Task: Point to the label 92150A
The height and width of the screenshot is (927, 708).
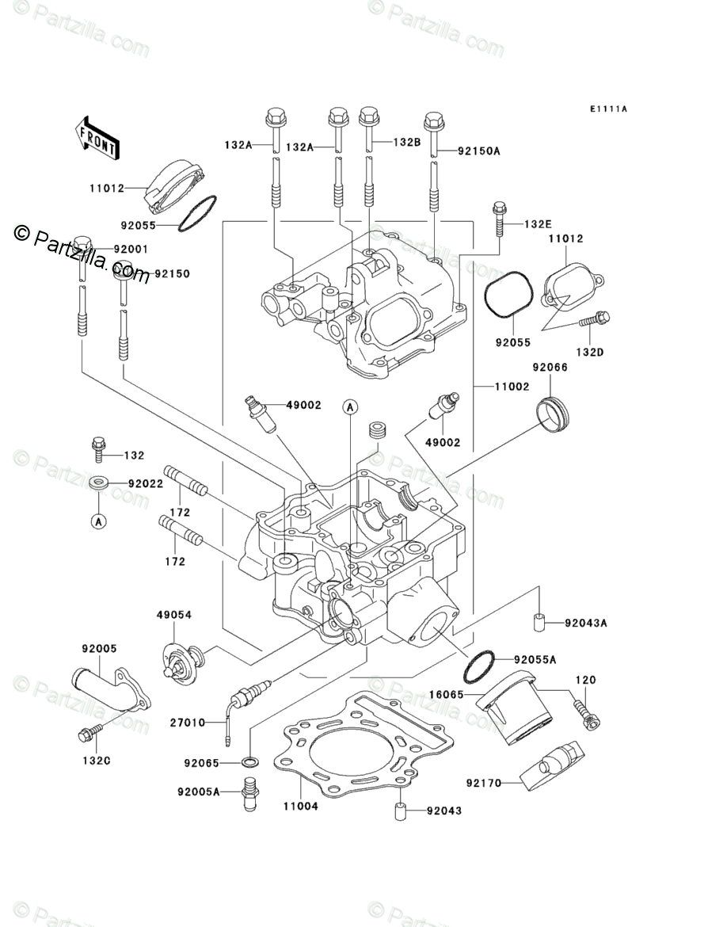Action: pyautogui.click(x=479, y=151)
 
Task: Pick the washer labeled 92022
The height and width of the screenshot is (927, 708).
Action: pyautogui.click(x=98, y=483)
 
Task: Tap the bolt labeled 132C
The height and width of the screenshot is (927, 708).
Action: pyautogui.click(x=90, y=732)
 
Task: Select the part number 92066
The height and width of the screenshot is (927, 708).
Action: pyautogui.click(x=550, y=367)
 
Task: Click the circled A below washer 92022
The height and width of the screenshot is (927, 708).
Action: pyautogui.click(x=99, y=521)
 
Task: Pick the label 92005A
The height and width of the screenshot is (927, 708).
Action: pyautogui.click(x=199, y=791)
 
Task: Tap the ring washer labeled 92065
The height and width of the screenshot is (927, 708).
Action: pyautogui.click(x=249, y=762)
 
